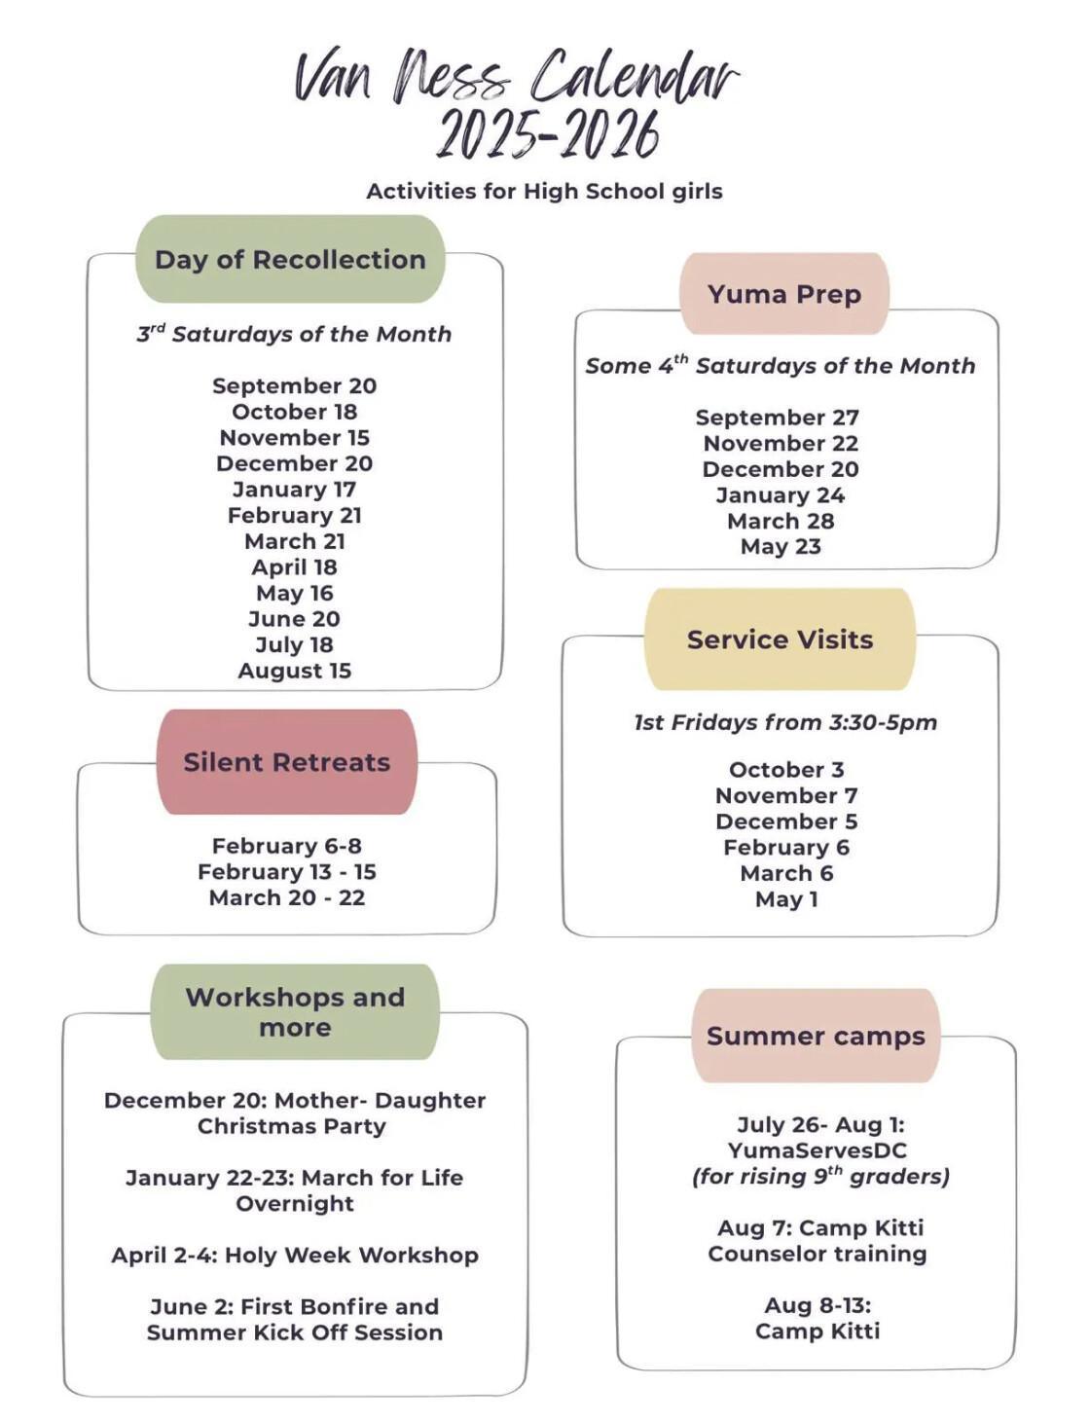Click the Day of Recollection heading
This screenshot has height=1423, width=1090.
(x=290, y=259)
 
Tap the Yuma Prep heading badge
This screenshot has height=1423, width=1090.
(x=784, y=294)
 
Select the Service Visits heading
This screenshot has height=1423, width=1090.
(x=780, y=639)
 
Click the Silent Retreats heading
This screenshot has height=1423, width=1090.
(x=287, y=762)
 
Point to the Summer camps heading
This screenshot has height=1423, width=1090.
(x=816, y=1036)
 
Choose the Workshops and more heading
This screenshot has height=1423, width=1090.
(x=295, y=1012)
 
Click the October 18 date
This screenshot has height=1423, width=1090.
(x=294, y=412)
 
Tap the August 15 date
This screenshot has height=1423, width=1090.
(x=294, y=671)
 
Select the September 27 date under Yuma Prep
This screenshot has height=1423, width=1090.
(x=777, y=418)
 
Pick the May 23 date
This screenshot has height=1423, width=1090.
(x=781, y=547)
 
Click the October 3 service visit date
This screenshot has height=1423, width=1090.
(x=786, y=770)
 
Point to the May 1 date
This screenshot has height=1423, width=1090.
(x=786, y=899)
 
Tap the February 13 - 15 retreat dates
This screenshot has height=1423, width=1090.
(x=287, y=872)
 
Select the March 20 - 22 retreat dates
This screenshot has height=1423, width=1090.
(x=287, y=897)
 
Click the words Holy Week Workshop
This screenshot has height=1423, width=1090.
(x=351, y=1255)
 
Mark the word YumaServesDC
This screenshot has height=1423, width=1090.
(x=817, y=1150)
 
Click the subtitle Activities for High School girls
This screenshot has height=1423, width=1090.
(x=544, y=191)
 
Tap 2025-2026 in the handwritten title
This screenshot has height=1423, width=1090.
(x=547, y=134)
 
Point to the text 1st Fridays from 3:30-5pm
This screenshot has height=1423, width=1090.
(x=785, y=722)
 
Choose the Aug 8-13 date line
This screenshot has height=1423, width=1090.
(x=817, y=1305)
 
